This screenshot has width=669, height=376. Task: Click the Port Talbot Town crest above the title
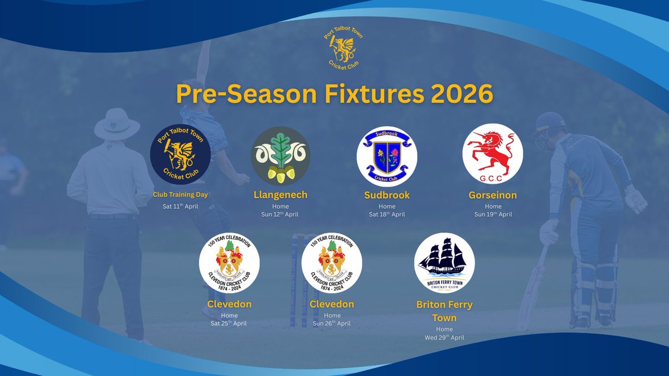click(x=342, y=50)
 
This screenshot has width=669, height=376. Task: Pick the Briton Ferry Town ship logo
click(x=444, y=263)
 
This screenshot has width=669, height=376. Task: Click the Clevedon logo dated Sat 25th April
click(x=230, y=263)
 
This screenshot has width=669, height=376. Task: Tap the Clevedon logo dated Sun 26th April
click(x=332, y=263)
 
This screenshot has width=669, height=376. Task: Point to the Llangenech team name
click(x=280, y=195)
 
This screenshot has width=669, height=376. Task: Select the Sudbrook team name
click(x=387, y=195)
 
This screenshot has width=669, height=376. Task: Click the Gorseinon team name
click(x=492, y=195)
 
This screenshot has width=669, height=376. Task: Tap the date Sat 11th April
click(x=176, y=206)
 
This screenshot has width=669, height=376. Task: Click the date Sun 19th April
click(x=493, y=214)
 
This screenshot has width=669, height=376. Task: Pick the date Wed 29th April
click(x=444, y=338)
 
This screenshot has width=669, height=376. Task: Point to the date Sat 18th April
click(x=387, y=214)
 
